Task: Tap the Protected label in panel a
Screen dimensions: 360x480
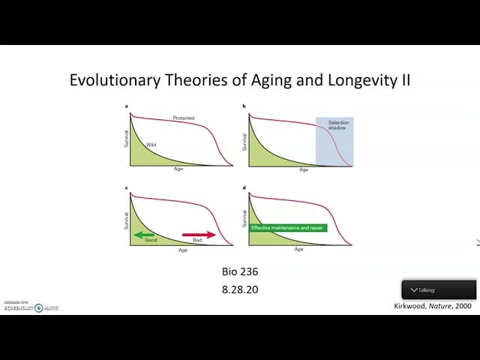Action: pyautogui.click(x=184, y=118)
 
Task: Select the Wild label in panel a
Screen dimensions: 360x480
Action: pyautogui.click(x=151, y=144)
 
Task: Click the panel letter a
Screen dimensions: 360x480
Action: pyautogui.click(x=126, y=107)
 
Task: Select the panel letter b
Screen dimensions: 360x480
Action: pyautogui.click(x=244, y=107)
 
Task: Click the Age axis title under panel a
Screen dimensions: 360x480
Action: pyautogui.click(x=178, y=169)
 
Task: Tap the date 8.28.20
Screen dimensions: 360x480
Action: pyautogui.click(x=239, y=288)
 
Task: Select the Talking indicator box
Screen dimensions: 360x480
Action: pyautogui.click(x=439, y=289)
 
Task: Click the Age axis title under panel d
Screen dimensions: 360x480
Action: pyautogui.click(x=298, y=249)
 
